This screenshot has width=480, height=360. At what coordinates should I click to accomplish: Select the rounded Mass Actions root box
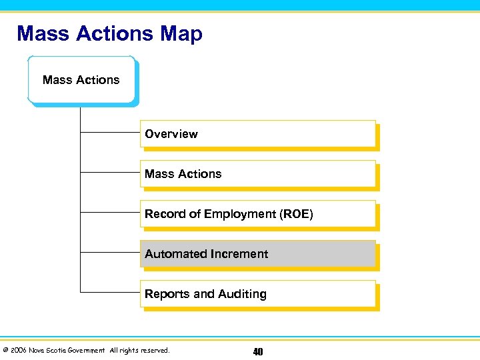coord(81,80)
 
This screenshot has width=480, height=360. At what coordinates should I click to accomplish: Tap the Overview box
coord(258,134)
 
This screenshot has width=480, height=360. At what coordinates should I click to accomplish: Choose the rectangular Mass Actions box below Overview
coord(258,174)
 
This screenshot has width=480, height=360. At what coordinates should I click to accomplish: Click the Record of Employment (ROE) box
coord(258,214)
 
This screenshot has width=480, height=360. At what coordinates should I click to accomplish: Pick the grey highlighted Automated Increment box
coord(258,254)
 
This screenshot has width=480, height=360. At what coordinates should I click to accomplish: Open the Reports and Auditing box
coord(258,294)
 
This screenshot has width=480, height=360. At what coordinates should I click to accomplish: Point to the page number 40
coord(257,351)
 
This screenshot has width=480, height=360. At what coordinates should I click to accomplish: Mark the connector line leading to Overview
coord(110,133)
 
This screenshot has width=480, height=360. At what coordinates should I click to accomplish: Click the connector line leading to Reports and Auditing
coord(110,293)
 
